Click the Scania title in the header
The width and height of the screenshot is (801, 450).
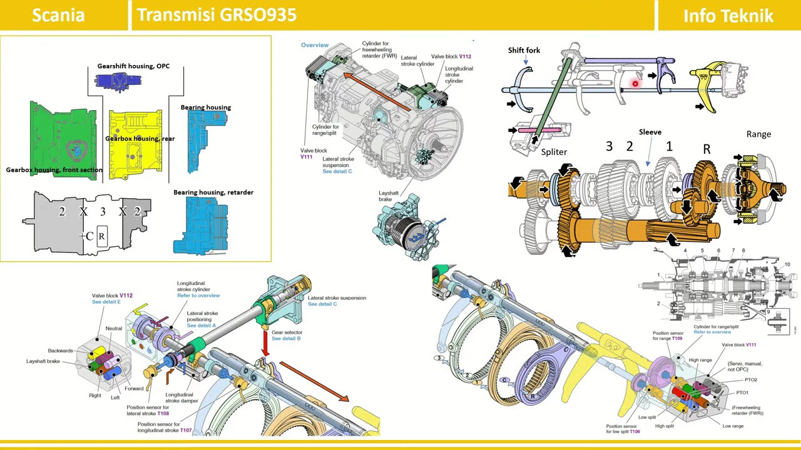(x=58, y=15)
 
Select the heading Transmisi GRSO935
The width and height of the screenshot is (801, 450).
(x=217, y=15)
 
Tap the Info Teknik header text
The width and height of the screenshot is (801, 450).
(x=728, y=16)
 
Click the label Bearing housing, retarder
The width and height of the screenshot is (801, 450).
(x=213, y=192)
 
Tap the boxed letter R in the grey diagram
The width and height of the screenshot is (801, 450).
(x=102, y=236)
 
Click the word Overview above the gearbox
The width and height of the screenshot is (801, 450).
(x=315, y=45)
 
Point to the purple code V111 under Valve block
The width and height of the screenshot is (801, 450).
(x=306, y=157)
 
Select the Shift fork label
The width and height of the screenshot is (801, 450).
(x=524, y=50)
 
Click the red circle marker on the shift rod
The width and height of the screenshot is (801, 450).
(x=635, y=84)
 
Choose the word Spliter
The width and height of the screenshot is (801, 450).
(x=554, y=152)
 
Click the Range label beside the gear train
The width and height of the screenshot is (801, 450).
(x=758, y=134)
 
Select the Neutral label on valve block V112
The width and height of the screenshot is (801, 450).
(x=114, y=328)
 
